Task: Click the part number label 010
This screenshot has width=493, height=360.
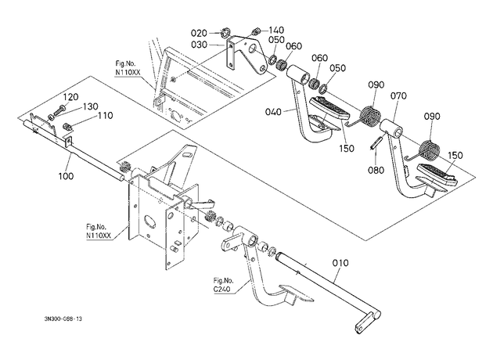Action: tap(340, 263)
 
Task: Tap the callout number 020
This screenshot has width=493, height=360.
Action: tap(199, 33)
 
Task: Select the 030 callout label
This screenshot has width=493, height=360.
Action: tap(199, 45)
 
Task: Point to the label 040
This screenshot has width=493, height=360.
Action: tap(273, 112)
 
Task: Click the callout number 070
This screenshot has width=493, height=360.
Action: tap(398, 95)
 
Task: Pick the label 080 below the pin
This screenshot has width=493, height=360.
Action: tap(376, 170)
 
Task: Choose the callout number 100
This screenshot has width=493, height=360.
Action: tap(66, 176)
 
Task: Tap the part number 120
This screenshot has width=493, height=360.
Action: tap(71, 97)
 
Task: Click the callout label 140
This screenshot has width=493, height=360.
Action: tap(276, 30)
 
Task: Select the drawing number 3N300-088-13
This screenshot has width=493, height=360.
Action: tap(63, 319)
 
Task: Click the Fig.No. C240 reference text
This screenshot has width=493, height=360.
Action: tap(224, 285)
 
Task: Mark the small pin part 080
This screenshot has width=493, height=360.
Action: tap(376, 142)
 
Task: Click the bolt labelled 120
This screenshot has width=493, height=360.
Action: tap(60, 110)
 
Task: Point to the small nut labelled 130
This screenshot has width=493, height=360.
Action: tap(50, 117)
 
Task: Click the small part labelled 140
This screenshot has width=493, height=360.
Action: tap(255, 31)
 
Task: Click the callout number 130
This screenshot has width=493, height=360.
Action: tap(91, 106)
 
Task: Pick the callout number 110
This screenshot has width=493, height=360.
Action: tap(105, 116)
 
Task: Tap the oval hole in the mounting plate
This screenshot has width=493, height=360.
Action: tap(149, 221)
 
